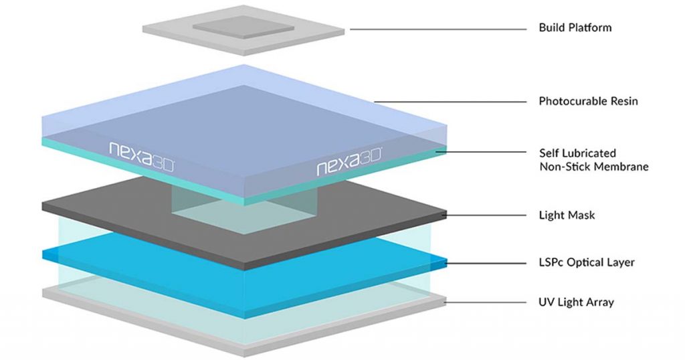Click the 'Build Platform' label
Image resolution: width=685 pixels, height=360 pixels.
pos(575,28)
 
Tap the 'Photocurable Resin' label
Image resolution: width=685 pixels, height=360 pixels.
pos(588,102)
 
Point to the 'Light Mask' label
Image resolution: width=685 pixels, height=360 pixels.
pos(567,215)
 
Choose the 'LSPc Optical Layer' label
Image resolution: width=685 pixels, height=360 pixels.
pos(587,262)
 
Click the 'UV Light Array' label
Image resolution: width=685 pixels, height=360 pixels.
pos(576,302)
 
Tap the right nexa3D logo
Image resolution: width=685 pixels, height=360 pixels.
pos(349,166)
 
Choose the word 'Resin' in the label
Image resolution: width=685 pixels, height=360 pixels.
pos(623,102)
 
